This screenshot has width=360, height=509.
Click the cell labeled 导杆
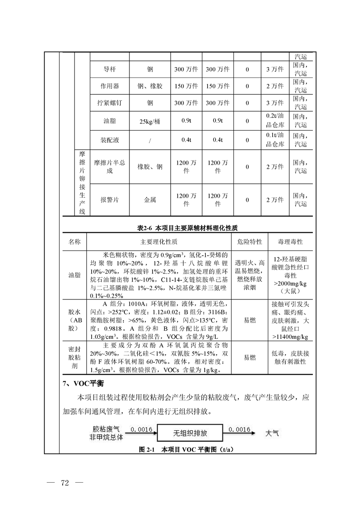click(110, 69)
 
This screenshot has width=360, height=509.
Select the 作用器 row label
click(110, 86)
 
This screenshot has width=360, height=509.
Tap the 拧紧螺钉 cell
click(110, 103)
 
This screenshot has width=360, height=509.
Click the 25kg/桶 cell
click(150, 122)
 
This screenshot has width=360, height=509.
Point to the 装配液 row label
click(110, 140)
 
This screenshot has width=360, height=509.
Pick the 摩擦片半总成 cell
click(110, 166)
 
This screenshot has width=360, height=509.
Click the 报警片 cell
click(110, 200)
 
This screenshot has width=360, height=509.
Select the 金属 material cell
click(150, 200)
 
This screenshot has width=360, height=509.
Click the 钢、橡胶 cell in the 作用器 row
click(150, 86)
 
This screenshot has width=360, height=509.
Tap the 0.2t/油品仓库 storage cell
click(275, 121)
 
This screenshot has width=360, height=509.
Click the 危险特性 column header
click(250, 242)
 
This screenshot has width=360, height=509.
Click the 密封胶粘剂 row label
click(74, 357)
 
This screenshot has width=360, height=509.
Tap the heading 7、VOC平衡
click(85, 384)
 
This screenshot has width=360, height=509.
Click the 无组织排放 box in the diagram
click(190, 433)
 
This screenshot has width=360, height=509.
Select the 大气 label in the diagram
click(272, 433)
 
